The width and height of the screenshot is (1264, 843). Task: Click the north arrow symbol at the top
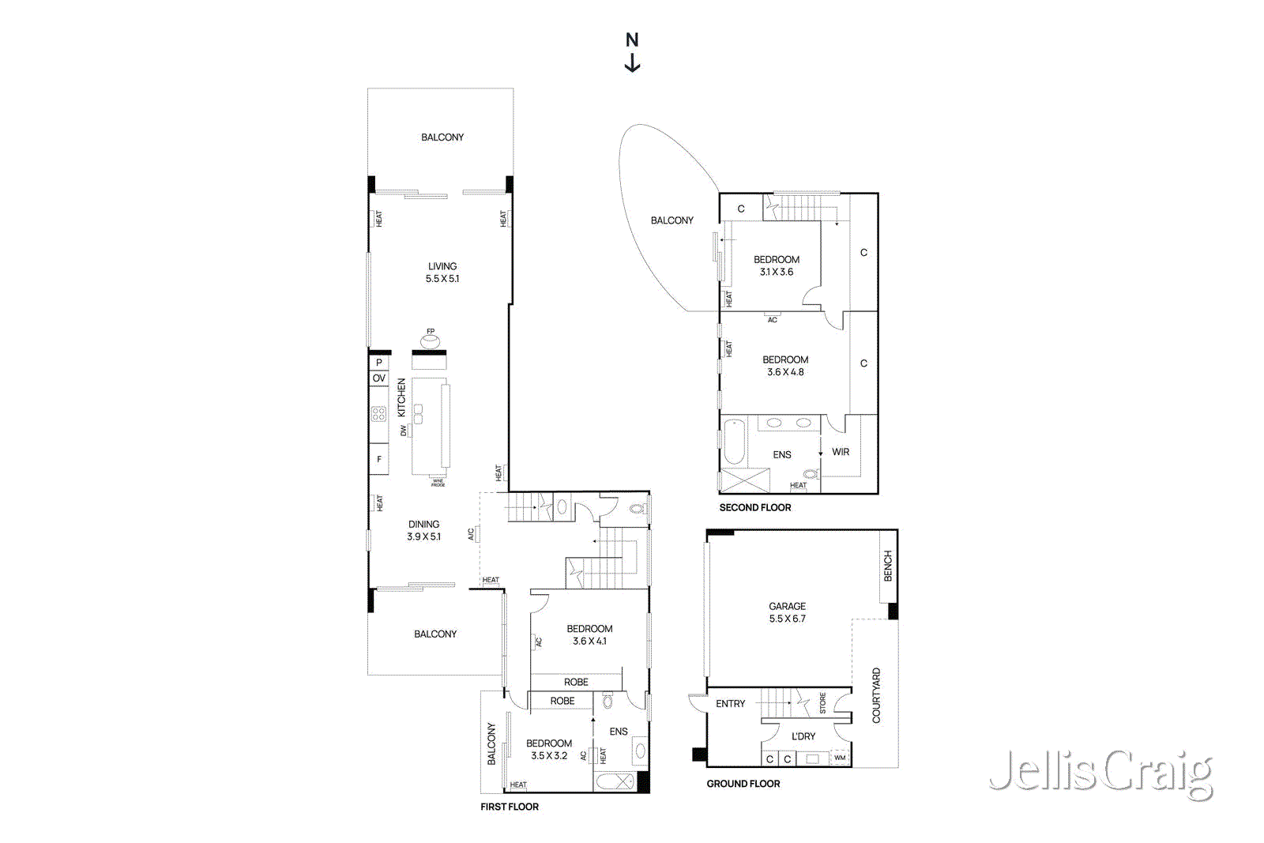(632, 52)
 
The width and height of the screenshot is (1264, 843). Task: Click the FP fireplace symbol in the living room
(430, 341)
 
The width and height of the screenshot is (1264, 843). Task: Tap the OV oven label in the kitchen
(379, 378)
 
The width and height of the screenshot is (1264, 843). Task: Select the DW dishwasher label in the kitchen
(404, 431)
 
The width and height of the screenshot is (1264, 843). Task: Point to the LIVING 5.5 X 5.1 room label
(442, 273)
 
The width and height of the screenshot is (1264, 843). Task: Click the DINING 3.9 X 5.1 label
(424, 530)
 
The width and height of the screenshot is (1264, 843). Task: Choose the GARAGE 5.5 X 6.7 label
(788, 613)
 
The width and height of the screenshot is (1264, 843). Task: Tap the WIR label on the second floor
(841, 452)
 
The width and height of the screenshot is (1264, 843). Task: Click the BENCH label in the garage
(888, 566)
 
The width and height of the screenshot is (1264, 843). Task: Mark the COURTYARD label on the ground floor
(876, 695)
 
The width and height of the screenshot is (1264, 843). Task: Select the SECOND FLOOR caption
(755, 508)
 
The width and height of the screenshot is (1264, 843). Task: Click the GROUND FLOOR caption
(743, 784)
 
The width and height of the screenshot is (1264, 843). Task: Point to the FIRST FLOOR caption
(510, 807)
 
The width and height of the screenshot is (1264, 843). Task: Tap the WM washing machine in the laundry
(840, 758)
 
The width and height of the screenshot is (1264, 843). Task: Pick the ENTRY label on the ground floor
(731, 704)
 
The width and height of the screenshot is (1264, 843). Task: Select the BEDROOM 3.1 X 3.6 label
(777, 265)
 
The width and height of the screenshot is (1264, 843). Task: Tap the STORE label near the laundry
(822, 703)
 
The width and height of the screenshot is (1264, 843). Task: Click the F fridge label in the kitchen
(379, 459)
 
